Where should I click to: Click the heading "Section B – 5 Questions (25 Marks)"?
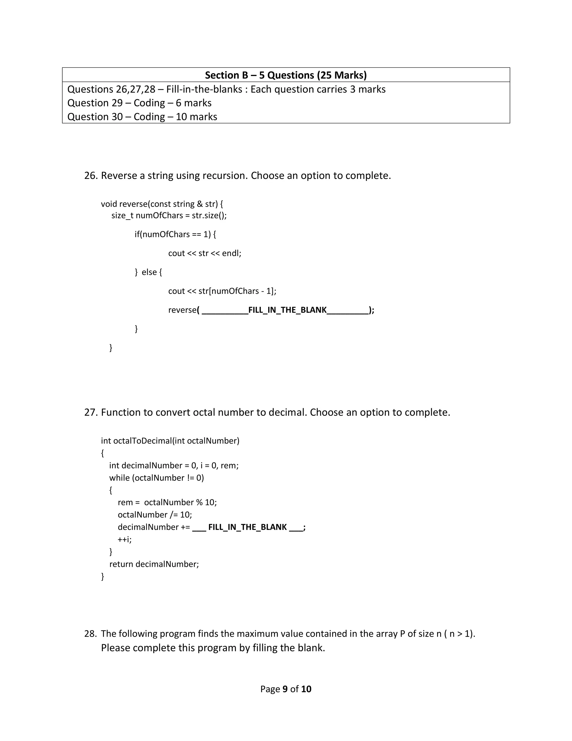pyautogui.click(x=286, y=75)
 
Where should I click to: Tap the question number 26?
pyautogui.click(x=90, y=176)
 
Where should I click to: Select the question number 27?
pyautogui.click(x=90, y=412)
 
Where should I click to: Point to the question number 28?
pyautogui.click(x=90, y=634)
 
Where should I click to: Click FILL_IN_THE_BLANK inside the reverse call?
pyautogui.click(x=287, y=310)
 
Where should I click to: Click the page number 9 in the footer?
pyautogui.click(x=285, y=689)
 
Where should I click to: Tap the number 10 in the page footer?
pyautogui.click(x=306, y=689)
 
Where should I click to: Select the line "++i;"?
pyautogui.click(x=125, y=539)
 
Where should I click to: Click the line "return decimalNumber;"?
pyautogui.click(x=154, y=564)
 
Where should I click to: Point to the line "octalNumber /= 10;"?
pyautogui.click(x=155, y=515)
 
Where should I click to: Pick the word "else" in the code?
pyautogui.click(x=149, y=272)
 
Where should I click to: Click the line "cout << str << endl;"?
pyautogui.click(x=205, y=253)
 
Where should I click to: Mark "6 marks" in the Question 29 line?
pyautogui.click(x=194, y=103)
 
